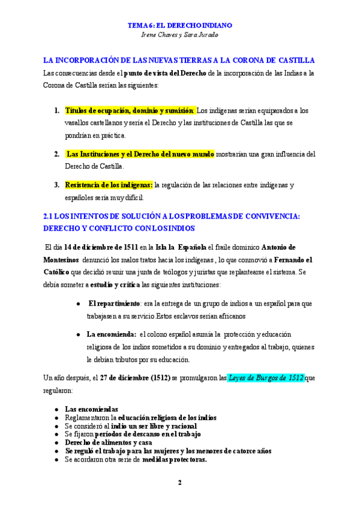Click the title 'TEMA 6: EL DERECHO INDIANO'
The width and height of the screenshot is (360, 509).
pyautogui.click(x=180, y=26)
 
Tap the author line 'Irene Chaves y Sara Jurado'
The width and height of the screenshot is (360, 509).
pyautogui.click(x=180, y=35)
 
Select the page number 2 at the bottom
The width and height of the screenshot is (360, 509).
pyautogui.click(x=179, y=482)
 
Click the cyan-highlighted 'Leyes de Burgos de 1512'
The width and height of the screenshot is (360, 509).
pyautogui.click(x=266, y=378)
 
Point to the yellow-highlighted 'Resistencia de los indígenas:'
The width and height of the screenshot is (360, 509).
pyautogui.click(x=109, y=185)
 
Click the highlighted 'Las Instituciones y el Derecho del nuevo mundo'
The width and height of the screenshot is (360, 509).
pyautogui.click(x=140, y=154)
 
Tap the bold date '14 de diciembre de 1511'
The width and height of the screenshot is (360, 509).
pyautogui.click(x=100, y=247)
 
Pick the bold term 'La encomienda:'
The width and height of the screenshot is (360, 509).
pyautogui.click(x=112, y=334)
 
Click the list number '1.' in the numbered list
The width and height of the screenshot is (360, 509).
pyautogui.click(x=56, y=110)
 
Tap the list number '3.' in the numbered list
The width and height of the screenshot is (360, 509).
pyautogui.click(x=56, y=185)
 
